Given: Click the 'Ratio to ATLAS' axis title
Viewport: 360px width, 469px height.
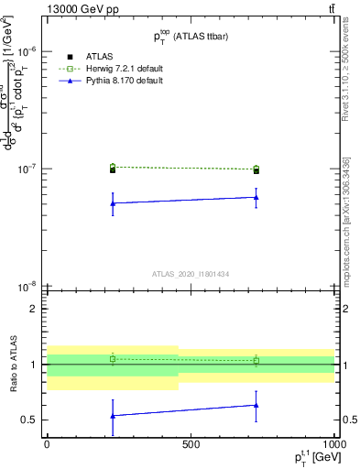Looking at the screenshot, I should (x=11, y=364).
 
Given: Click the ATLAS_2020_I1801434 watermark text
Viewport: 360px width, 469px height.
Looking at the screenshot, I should (x=191, y=273).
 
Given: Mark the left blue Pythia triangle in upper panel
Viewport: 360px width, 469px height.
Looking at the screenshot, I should (x=113, y=203).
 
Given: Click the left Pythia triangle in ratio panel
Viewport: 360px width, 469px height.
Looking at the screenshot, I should (x=113, y=416).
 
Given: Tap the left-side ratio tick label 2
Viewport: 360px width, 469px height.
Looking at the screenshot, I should (x=34, y=309).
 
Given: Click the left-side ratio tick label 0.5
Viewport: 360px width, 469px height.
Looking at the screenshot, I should (x=30, y=420).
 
